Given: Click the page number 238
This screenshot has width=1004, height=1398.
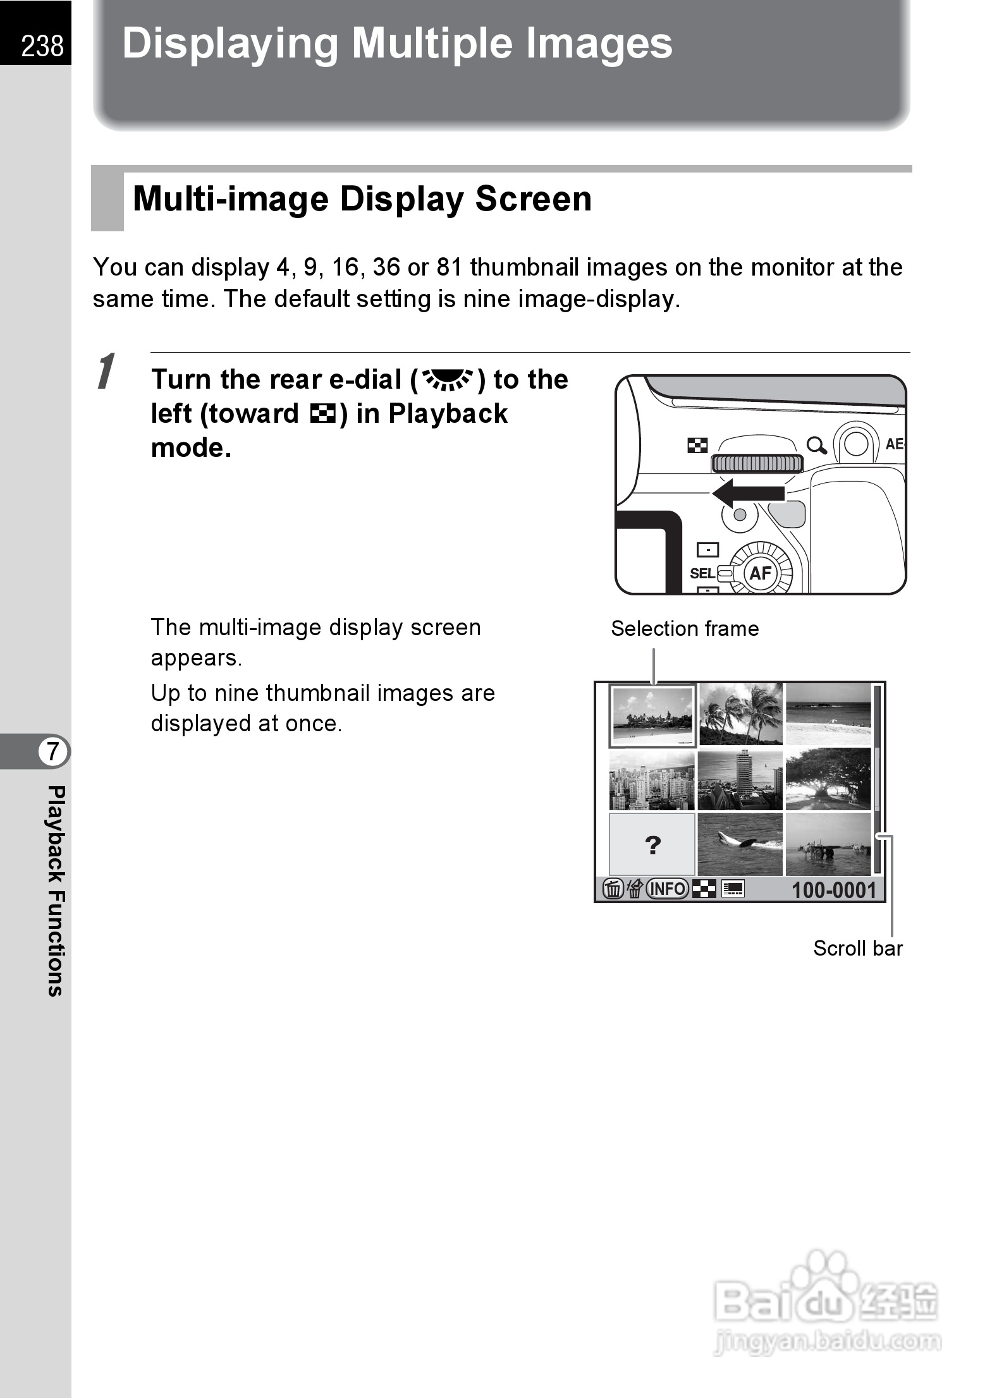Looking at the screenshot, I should tap(42, 46).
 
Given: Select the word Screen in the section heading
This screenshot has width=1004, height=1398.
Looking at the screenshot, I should tap(533, 198).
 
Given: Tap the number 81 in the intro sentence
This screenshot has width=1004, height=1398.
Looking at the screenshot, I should tap(450, 267).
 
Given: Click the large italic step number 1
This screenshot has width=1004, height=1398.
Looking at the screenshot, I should tap(107, 372).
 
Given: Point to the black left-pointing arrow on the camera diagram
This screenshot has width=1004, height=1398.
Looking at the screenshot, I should tap(749, 494).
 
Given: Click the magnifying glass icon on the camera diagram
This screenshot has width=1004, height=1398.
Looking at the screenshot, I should tap(816, 446).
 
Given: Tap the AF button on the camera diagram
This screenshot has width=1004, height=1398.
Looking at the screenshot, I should tap(760, 573).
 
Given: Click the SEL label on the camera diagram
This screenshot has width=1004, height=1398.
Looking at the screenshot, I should tap(702, 573).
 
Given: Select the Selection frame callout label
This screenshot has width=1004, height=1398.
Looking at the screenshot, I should tap(685, 629).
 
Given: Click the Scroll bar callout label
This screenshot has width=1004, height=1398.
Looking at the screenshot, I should tap(857, 948).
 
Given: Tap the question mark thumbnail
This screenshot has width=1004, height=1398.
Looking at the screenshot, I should tap(652, 844).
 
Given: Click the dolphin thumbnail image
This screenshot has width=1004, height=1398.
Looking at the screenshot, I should tap(740, 844).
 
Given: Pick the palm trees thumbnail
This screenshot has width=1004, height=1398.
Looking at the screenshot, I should tap(740, 714).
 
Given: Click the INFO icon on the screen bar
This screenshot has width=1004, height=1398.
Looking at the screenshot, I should tap(667, 889).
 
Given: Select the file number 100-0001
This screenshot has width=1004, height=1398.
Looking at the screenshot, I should tap(834, 890).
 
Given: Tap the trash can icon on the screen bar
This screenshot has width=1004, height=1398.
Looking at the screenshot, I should tap(613, 889).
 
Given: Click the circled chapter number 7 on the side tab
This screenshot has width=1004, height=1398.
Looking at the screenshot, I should tap(52, 751).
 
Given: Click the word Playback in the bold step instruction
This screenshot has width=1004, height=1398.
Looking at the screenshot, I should tap(448, 414).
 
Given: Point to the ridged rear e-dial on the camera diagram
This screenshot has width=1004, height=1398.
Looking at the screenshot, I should tap(757, 463).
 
